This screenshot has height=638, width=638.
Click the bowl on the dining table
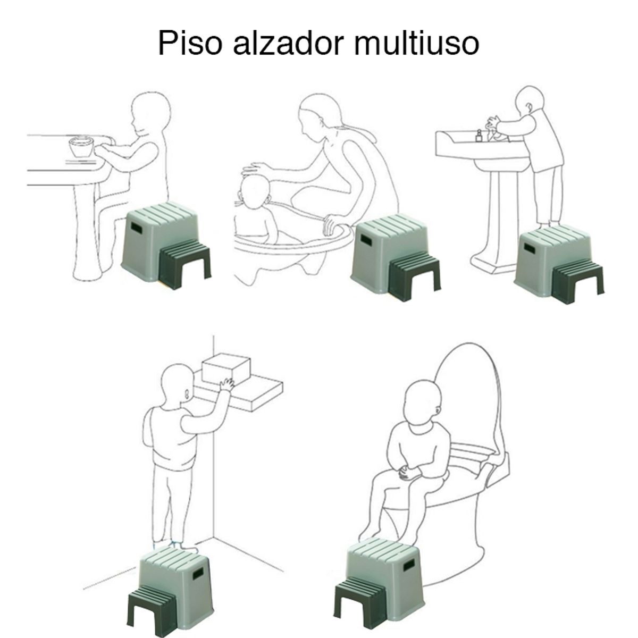[81, 147]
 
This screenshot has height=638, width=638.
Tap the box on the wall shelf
[227, 370]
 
